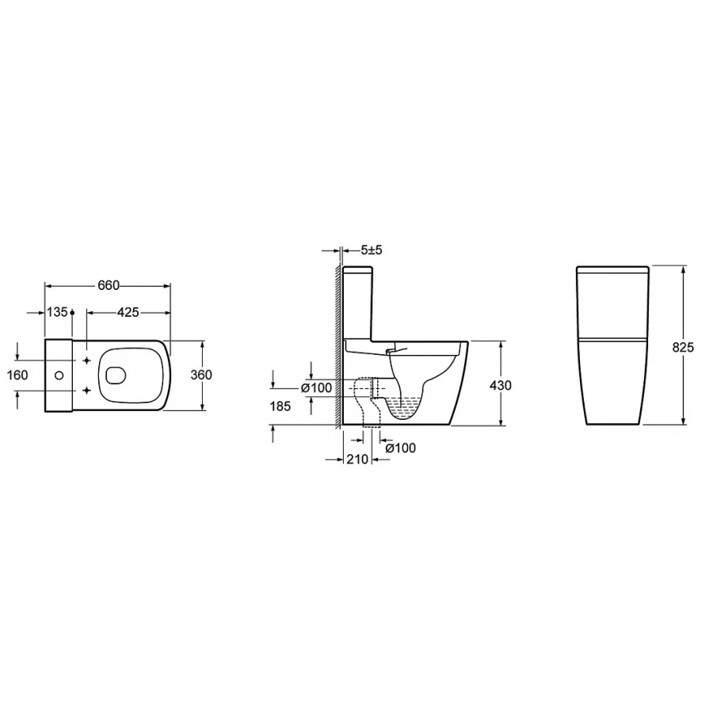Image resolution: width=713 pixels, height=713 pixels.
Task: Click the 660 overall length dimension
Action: pos(109,285)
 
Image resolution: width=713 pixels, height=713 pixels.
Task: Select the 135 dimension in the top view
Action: pos(57,312)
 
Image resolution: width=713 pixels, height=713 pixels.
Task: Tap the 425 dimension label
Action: pos(128,312)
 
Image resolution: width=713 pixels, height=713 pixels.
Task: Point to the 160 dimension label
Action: pos(17,376)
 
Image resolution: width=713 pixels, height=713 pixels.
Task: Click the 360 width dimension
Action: pos(201,375)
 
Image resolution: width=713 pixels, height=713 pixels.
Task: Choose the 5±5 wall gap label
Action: pos(372,250)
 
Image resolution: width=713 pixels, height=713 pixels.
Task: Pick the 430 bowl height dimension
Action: pos(500,385)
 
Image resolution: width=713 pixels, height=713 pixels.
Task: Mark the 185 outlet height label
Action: pos(280,406)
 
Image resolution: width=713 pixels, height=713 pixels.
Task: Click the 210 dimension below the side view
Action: pos(357,459)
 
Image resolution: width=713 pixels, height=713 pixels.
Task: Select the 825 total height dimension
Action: pos(684,347)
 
